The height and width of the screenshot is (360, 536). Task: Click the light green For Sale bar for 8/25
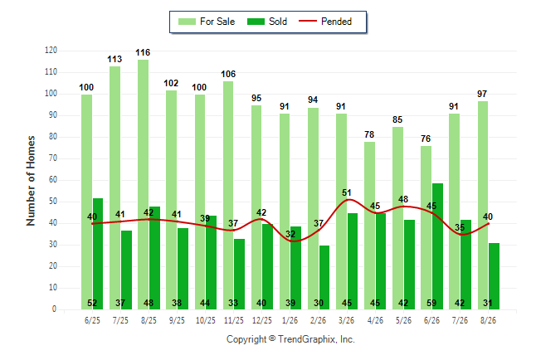tap(144, 185)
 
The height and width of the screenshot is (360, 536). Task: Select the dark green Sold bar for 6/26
tap(437, 246)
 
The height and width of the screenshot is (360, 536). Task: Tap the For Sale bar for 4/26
tap(369, 226)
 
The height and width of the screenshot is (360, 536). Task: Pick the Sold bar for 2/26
tap(324, 277)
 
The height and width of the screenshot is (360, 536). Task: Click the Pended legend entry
tap(325, 22)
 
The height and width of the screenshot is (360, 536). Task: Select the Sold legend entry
tap(267, 22)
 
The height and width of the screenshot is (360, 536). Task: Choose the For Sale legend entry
tap(207, 22)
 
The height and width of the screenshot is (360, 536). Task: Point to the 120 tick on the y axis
tap(51, 51)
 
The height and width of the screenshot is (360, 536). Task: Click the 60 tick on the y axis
tap(52, 180)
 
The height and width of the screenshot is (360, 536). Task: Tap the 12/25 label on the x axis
tap(262, 320)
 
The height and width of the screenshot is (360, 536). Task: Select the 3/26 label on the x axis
tap(346, 320)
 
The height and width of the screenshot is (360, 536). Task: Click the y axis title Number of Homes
tap(31, 181)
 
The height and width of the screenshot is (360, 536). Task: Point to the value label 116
tap(143, 52)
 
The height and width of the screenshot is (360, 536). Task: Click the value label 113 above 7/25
tap(115, 59)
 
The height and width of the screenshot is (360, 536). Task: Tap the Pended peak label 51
tap(347, 192)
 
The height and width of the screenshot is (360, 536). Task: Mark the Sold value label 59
tap(431, 303)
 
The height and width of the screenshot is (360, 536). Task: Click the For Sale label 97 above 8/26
tap(482, 94)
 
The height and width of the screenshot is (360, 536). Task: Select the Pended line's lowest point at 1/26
tap(293, 241)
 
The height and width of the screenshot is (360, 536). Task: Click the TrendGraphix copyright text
tap(290, 339)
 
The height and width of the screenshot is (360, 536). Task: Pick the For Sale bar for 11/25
tap(228, 195)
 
